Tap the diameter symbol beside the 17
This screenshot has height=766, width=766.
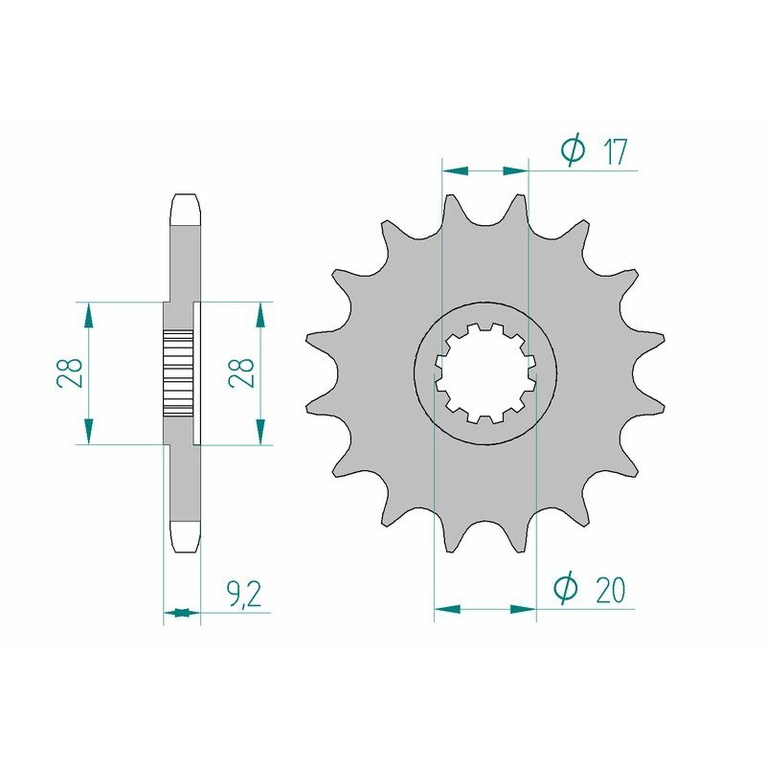(x=573, y=150)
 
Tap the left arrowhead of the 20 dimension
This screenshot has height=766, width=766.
(x=447, y=608)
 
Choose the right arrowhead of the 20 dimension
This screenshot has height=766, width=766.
(x=523, y=608)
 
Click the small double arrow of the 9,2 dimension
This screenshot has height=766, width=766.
(x=182, y=612)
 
